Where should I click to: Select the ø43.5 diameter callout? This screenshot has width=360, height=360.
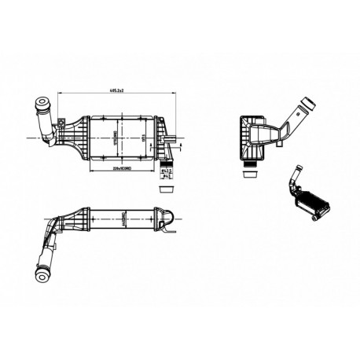coord(166,169)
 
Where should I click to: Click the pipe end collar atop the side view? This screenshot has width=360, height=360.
coord(309,105)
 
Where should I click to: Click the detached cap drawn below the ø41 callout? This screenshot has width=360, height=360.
coord(166,186)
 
